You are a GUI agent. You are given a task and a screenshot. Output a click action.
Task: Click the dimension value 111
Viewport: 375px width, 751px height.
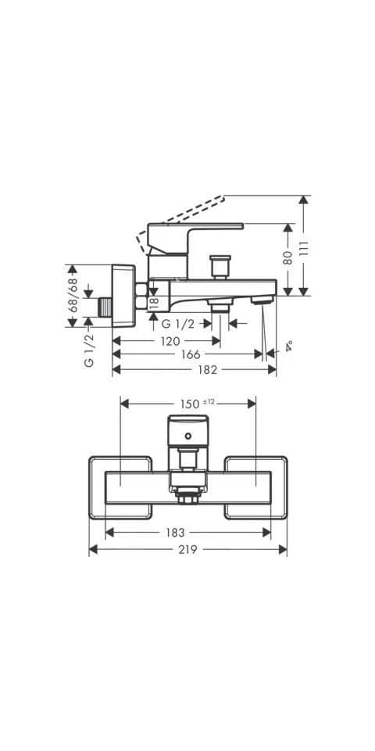[x=304, y=248]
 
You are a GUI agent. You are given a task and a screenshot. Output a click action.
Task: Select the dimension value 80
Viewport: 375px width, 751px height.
[x=287, y=259]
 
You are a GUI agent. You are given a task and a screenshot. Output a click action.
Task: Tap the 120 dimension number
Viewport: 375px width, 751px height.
[x=170, y=341]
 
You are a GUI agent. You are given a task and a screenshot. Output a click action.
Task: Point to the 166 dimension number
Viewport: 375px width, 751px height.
[x=191, y=354]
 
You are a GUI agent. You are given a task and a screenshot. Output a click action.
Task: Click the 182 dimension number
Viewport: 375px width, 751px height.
[x=208, y=370]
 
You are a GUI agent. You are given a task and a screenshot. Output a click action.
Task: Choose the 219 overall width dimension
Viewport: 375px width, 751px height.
[x=188, y=550]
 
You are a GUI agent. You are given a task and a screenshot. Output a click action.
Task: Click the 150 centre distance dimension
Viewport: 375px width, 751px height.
[x=190, y=404]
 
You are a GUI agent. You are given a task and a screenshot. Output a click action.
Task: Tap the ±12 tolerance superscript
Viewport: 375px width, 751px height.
[x=209, y=402]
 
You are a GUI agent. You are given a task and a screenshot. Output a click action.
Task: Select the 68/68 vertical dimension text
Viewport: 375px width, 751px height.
[x=73, y=295]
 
